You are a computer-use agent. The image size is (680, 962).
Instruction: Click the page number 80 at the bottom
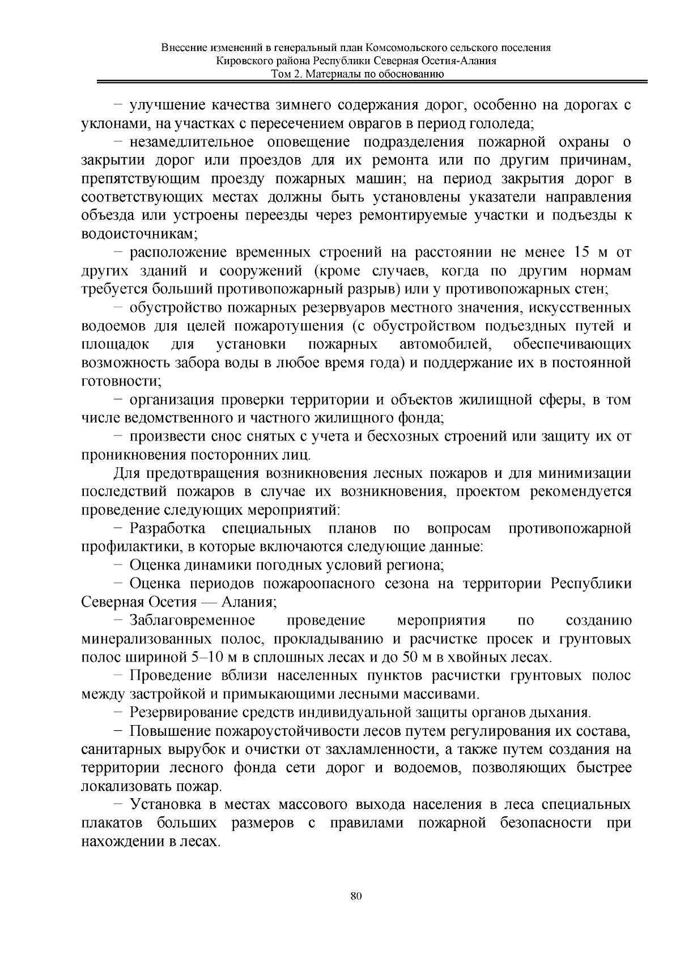(356, 896)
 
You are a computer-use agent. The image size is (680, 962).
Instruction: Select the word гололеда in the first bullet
(506, 123)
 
